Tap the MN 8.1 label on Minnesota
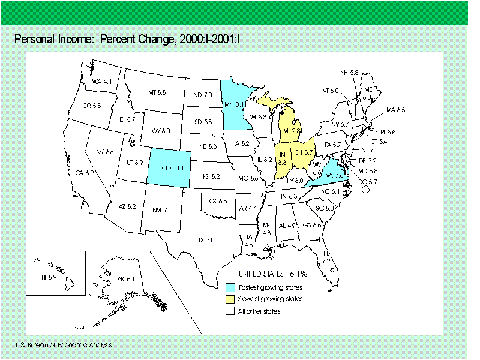(x=235, y=104)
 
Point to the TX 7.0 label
(x=206, y=240)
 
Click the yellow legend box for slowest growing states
(x=229, y=299)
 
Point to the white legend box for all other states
(x=229, y=311)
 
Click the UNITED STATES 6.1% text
(x=273, y=273)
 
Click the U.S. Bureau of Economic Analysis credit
(x=64, y=345)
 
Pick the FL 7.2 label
(x=326, y=257)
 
